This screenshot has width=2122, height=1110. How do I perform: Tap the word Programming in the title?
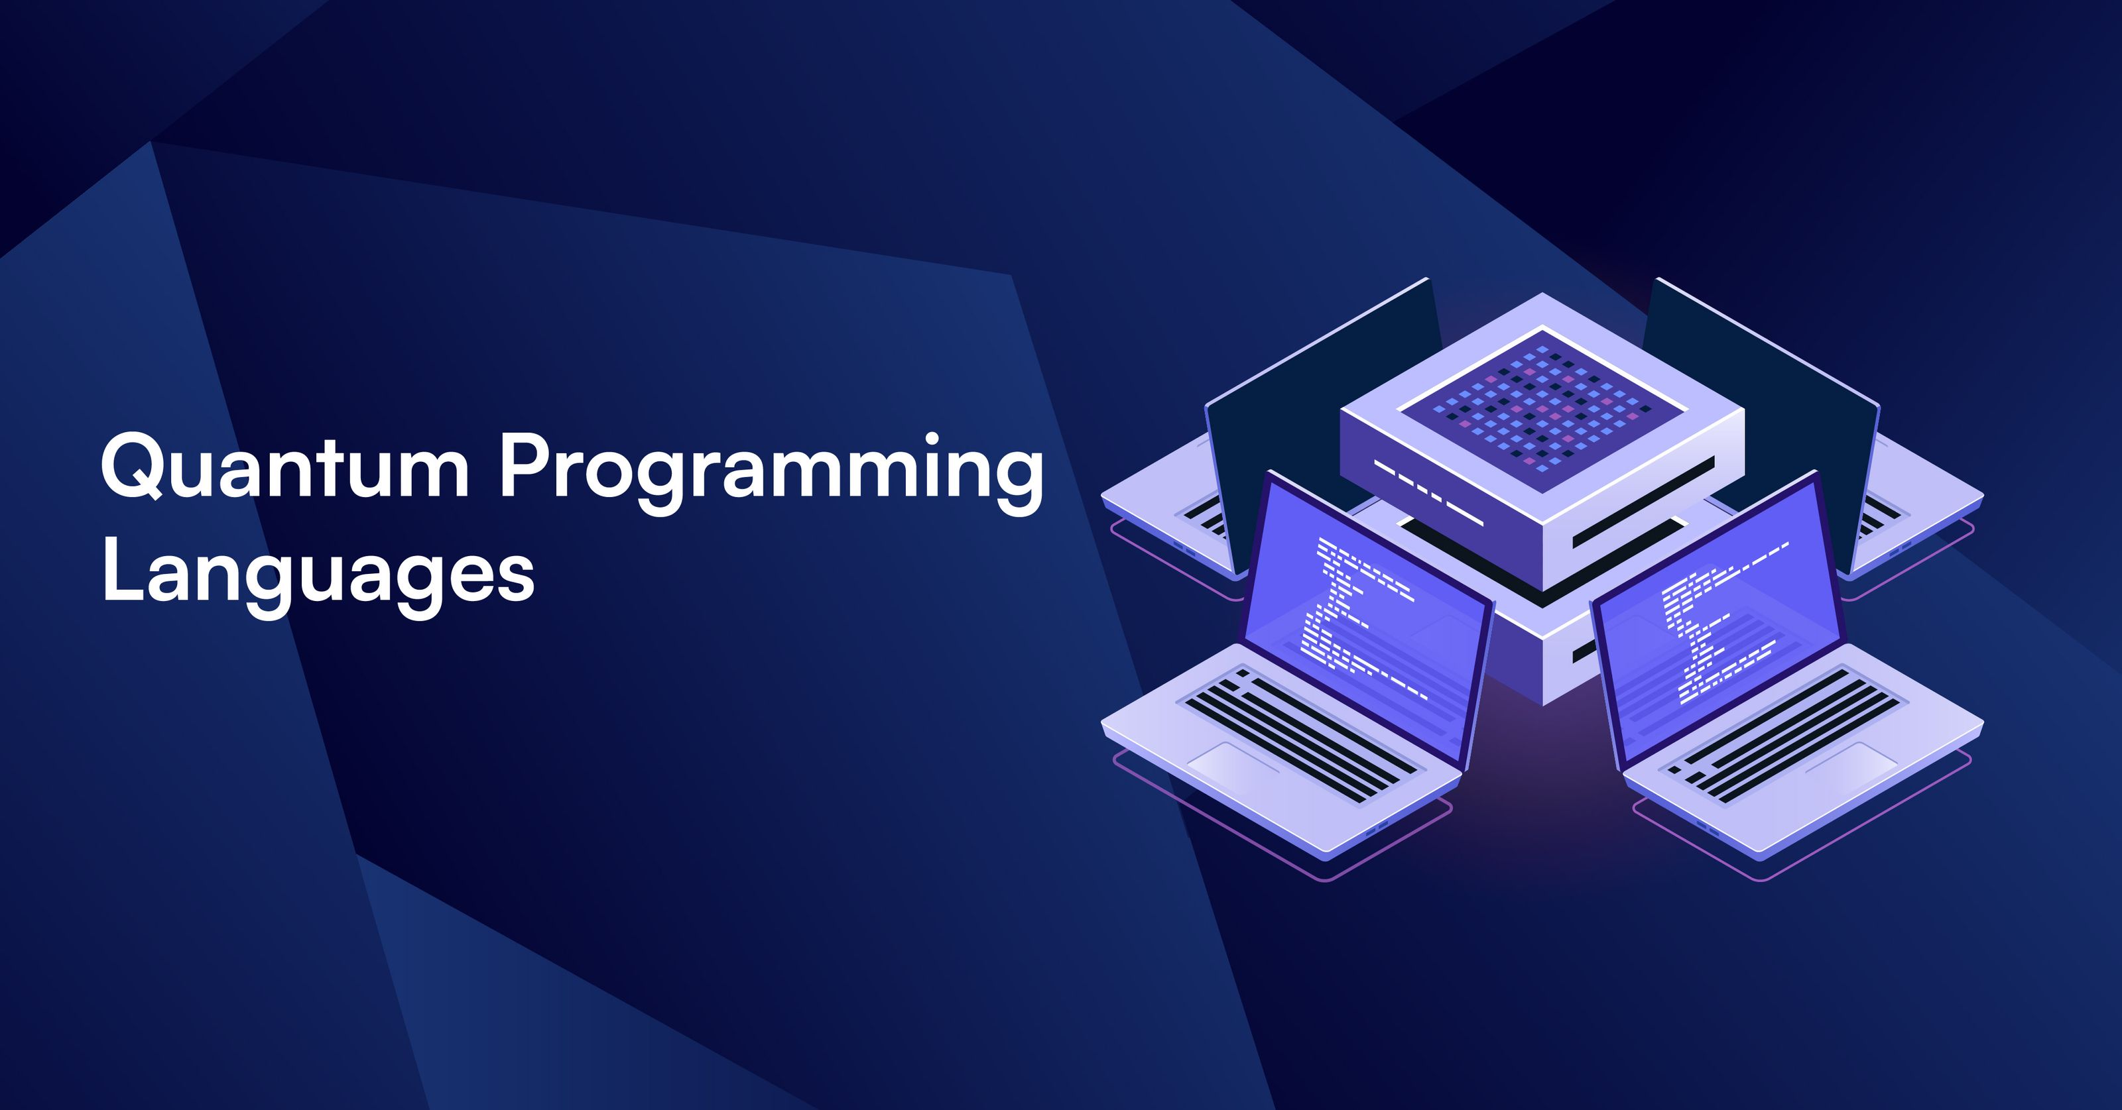click(770, 473)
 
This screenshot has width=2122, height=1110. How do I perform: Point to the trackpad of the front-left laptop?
click(1235, 766)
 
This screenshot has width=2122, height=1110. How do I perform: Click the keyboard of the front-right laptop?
click(1788, 733)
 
